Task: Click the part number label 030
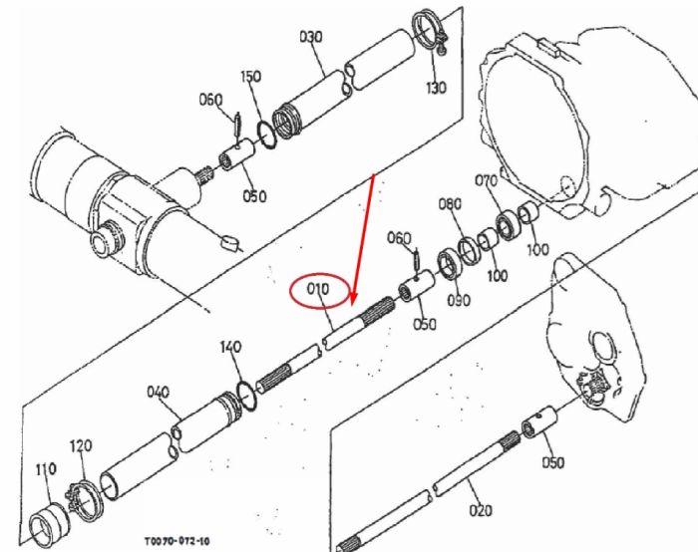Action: coord(311,37)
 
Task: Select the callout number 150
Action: coord(251,77)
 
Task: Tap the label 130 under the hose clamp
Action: coord(436,88)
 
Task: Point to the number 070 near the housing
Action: coord(487,181)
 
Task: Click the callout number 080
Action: coord(450,204)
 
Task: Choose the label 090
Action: coord(459,301)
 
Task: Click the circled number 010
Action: coord(318,290)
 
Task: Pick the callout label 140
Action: coord(230,347)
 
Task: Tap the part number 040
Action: coord(158,393)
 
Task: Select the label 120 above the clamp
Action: coord(81,445)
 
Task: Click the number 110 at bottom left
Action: coord(46,469)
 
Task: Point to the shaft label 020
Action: coord(481,510)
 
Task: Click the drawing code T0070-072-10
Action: coord(176,541)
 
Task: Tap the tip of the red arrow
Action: coord(353,305)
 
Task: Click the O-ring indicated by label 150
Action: coord(266,134)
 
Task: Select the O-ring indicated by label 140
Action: coord(247,396)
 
